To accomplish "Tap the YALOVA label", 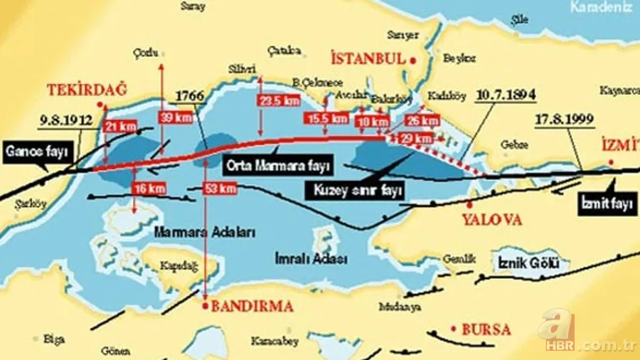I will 492,220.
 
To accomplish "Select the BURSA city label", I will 486,329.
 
